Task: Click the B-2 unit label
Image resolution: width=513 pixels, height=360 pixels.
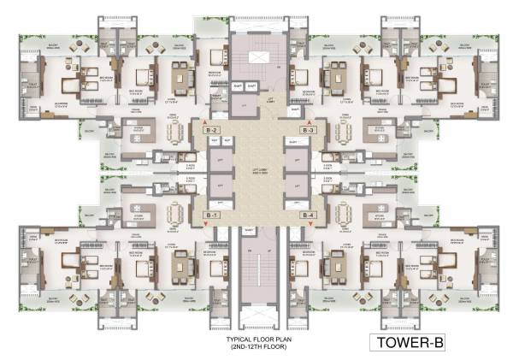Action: click(x=212, y=130)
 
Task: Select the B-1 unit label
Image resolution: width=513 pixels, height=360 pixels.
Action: click(x=212, y=215)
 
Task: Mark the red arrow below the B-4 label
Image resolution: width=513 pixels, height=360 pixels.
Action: click(x=310, y=224)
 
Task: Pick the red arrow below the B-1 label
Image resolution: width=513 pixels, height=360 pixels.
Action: click(x=205, y=224)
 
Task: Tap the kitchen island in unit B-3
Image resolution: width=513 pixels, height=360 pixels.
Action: click(x=377, y=132)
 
